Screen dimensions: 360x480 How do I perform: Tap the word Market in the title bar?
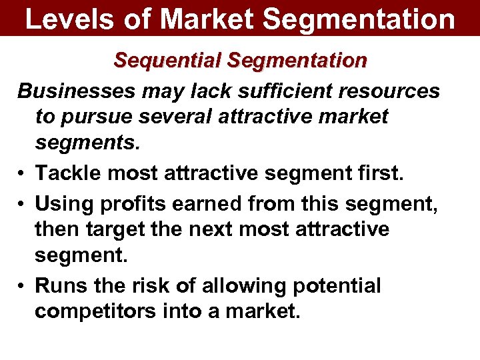tap(205, 19)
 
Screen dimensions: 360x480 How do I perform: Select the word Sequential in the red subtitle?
tap(168, 61)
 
